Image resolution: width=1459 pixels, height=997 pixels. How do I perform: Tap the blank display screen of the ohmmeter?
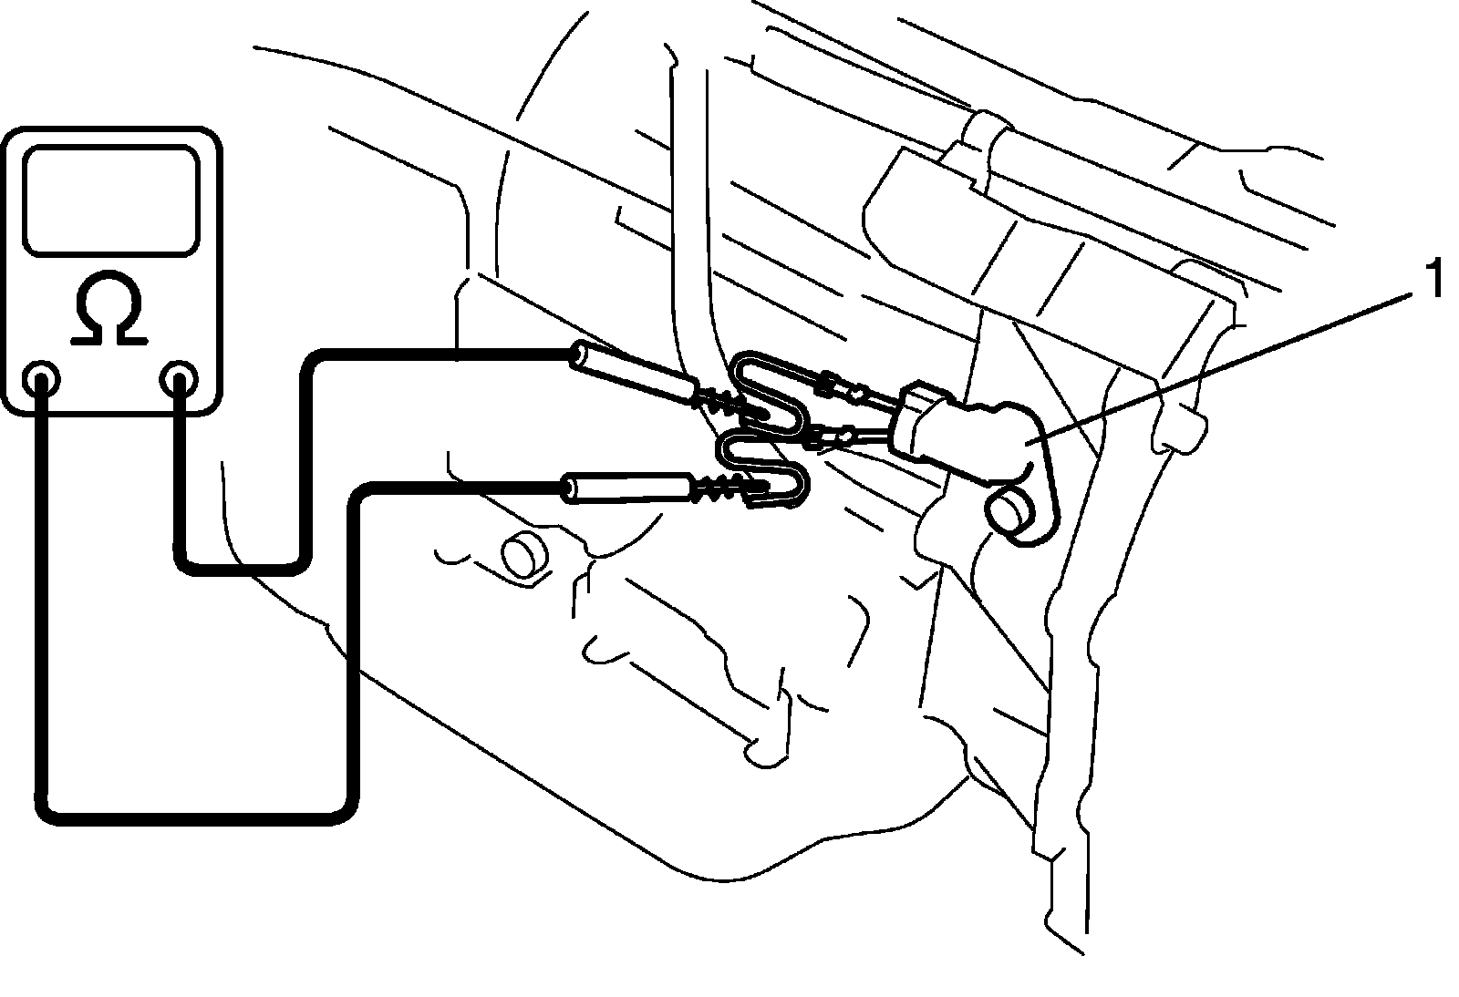click(x=110, y=200)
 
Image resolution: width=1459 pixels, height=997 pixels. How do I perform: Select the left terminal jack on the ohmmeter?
click(x=40, y=379)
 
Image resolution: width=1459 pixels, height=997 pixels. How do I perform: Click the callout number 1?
click(x=1433, y=279)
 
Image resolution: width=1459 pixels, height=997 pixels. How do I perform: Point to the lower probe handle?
click(x=627, y=488)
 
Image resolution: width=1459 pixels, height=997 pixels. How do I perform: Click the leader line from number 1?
click(x=1218, y=368)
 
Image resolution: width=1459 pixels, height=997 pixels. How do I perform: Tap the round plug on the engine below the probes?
click(x=524, y=553)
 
